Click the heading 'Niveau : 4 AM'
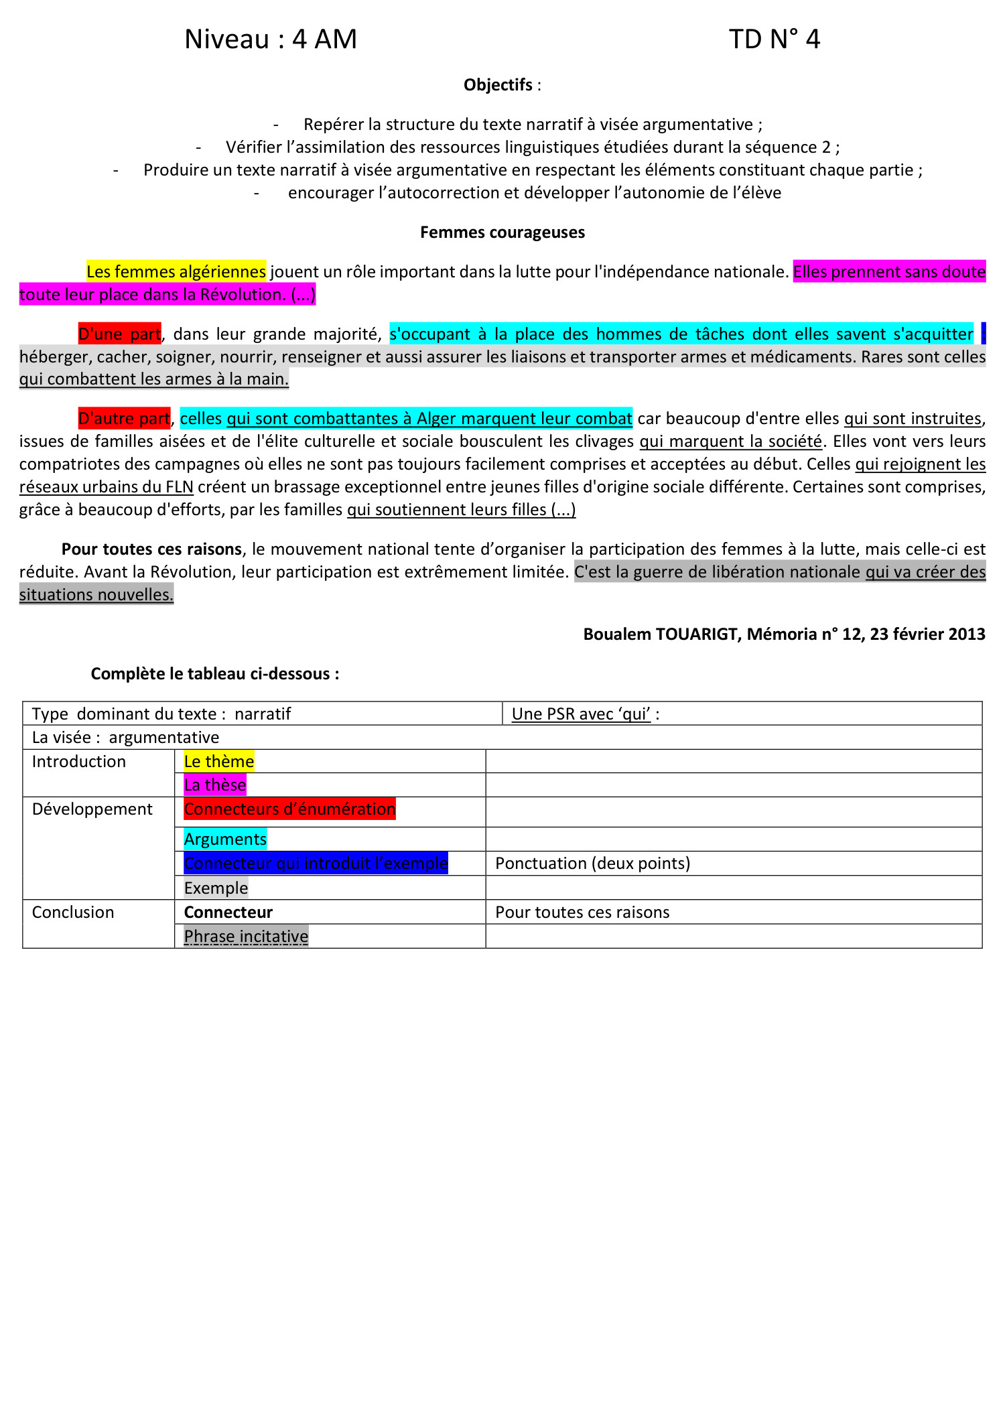(271, 40)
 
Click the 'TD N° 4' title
(774, 40)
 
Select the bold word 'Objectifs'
(498, 85)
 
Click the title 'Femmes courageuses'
(503, 232)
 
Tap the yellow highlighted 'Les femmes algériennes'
(176, 271)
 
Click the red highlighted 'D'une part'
(119, 334)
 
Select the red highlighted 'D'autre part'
(124, 419)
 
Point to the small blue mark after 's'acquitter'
(983, 334)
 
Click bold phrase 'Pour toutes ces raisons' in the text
(151, 549)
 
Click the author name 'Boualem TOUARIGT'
(660, 634)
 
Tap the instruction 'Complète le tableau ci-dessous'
(214, 674)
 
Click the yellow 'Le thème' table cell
(218, 762)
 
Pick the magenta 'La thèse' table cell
(215, 785)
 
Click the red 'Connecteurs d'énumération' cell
(289, 809)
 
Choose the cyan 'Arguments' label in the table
(225, 839)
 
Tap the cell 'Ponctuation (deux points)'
(592, 864)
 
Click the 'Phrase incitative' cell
(246, 937)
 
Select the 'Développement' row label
(92, 809)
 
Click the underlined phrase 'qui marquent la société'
(730, 442)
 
